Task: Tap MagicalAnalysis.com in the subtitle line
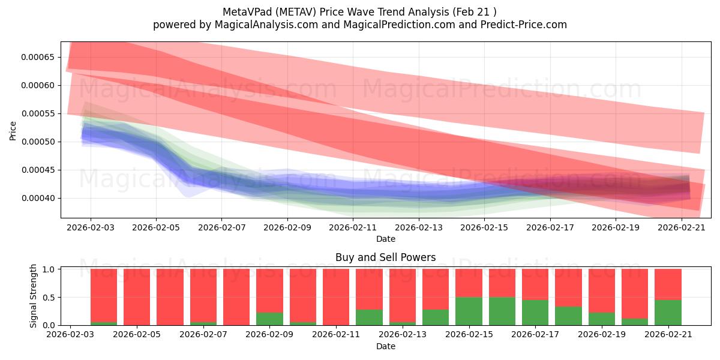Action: (266, 25)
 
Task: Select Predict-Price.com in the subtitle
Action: (524, 25)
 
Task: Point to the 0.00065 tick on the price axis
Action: (38, 58)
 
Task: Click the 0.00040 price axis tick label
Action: (38, 199)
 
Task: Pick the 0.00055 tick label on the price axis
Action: (38, 114)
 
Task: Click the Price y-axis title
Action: (13, 131)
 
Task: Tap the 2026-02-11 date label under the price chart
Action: (353, 227)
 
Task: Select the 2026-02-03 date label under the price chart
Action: (91, 227)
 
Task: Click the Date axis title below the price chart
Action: (386, 239)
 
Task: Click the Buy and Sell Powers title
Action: (386, 257)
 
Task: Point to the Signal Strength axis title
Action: (33, 296)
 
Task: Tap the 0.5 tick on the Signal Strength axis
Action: (49, 298)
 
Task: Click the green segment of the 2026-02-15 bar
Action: (469, 311)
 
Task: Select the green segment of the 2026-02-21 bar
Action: (668, 313)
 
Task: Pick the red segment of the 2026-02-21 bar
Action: (668, 284)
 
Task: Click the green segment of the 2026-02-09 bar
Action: (269, 319)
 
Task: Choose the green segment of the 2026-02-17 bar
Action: (535, 313)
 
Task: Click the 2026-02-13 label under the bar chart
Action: (403, 335)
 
